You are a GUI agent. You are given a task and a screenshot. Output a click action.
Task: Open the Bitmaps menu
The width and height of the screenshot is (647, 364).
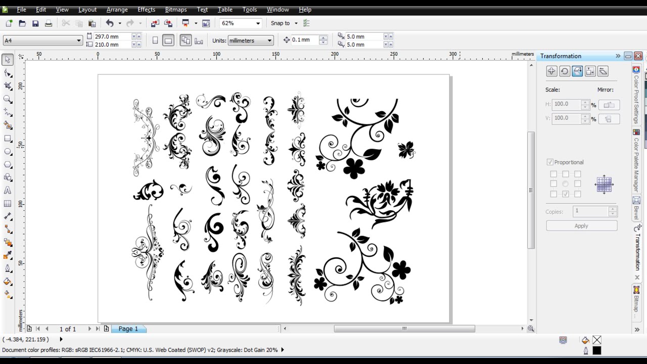[175, 10]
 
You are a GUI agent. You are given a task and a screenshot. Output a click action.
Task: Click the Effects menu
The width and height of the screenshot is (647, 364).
[146, 10]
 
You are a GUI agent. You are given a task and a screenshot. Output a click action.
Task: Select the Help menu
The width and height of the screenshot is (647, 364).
[305, 10]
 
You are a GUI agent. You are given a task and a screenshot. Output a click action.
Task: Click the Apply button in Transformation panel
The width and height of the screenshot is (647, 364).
[581, 226]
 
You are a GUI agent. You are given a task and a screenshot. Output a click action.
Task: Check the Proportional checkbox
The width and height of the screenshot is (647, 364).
[550, 162]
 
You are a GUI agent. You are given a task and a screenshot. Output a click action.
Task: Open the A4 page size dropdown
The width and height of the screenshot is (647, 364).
[42, 40]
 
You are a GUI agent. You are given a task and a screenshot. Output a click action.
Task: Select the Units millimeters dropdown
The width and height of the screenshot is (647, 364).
[250, 40]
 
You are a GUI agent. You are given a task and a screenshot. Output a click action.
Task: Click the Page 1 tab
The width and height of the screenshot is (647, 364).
[128, 329]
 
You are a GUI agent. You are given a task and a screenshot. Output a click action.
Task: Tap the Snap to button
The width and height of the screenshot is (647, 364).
[281, 23]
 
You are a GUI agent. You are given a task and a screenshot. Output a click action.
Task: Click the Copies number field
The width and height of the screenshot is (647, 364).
[590, 211]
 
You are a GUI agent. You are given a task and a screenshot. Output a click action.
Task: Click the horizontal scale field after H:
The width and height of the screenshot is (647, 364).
[566, 104]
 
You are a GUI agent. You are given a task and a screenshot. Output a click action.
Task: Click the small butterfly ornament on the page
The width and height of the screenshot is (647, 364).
[406, 150]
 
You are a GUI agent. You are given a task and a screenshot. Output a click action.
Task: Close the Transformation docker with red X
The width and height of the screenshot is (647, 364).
[638, 56]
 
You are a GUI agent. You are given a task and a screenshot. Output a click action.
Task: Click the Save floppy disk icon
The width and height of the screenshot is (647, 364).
[35, 23]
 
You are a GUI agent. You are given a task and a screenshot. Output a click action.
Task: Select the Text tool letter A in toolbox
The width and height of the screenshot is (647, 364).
[8, 191]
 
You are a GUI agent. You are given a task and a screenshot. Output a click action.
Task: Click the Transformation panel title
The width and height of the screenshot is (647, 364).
[561, 56]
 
